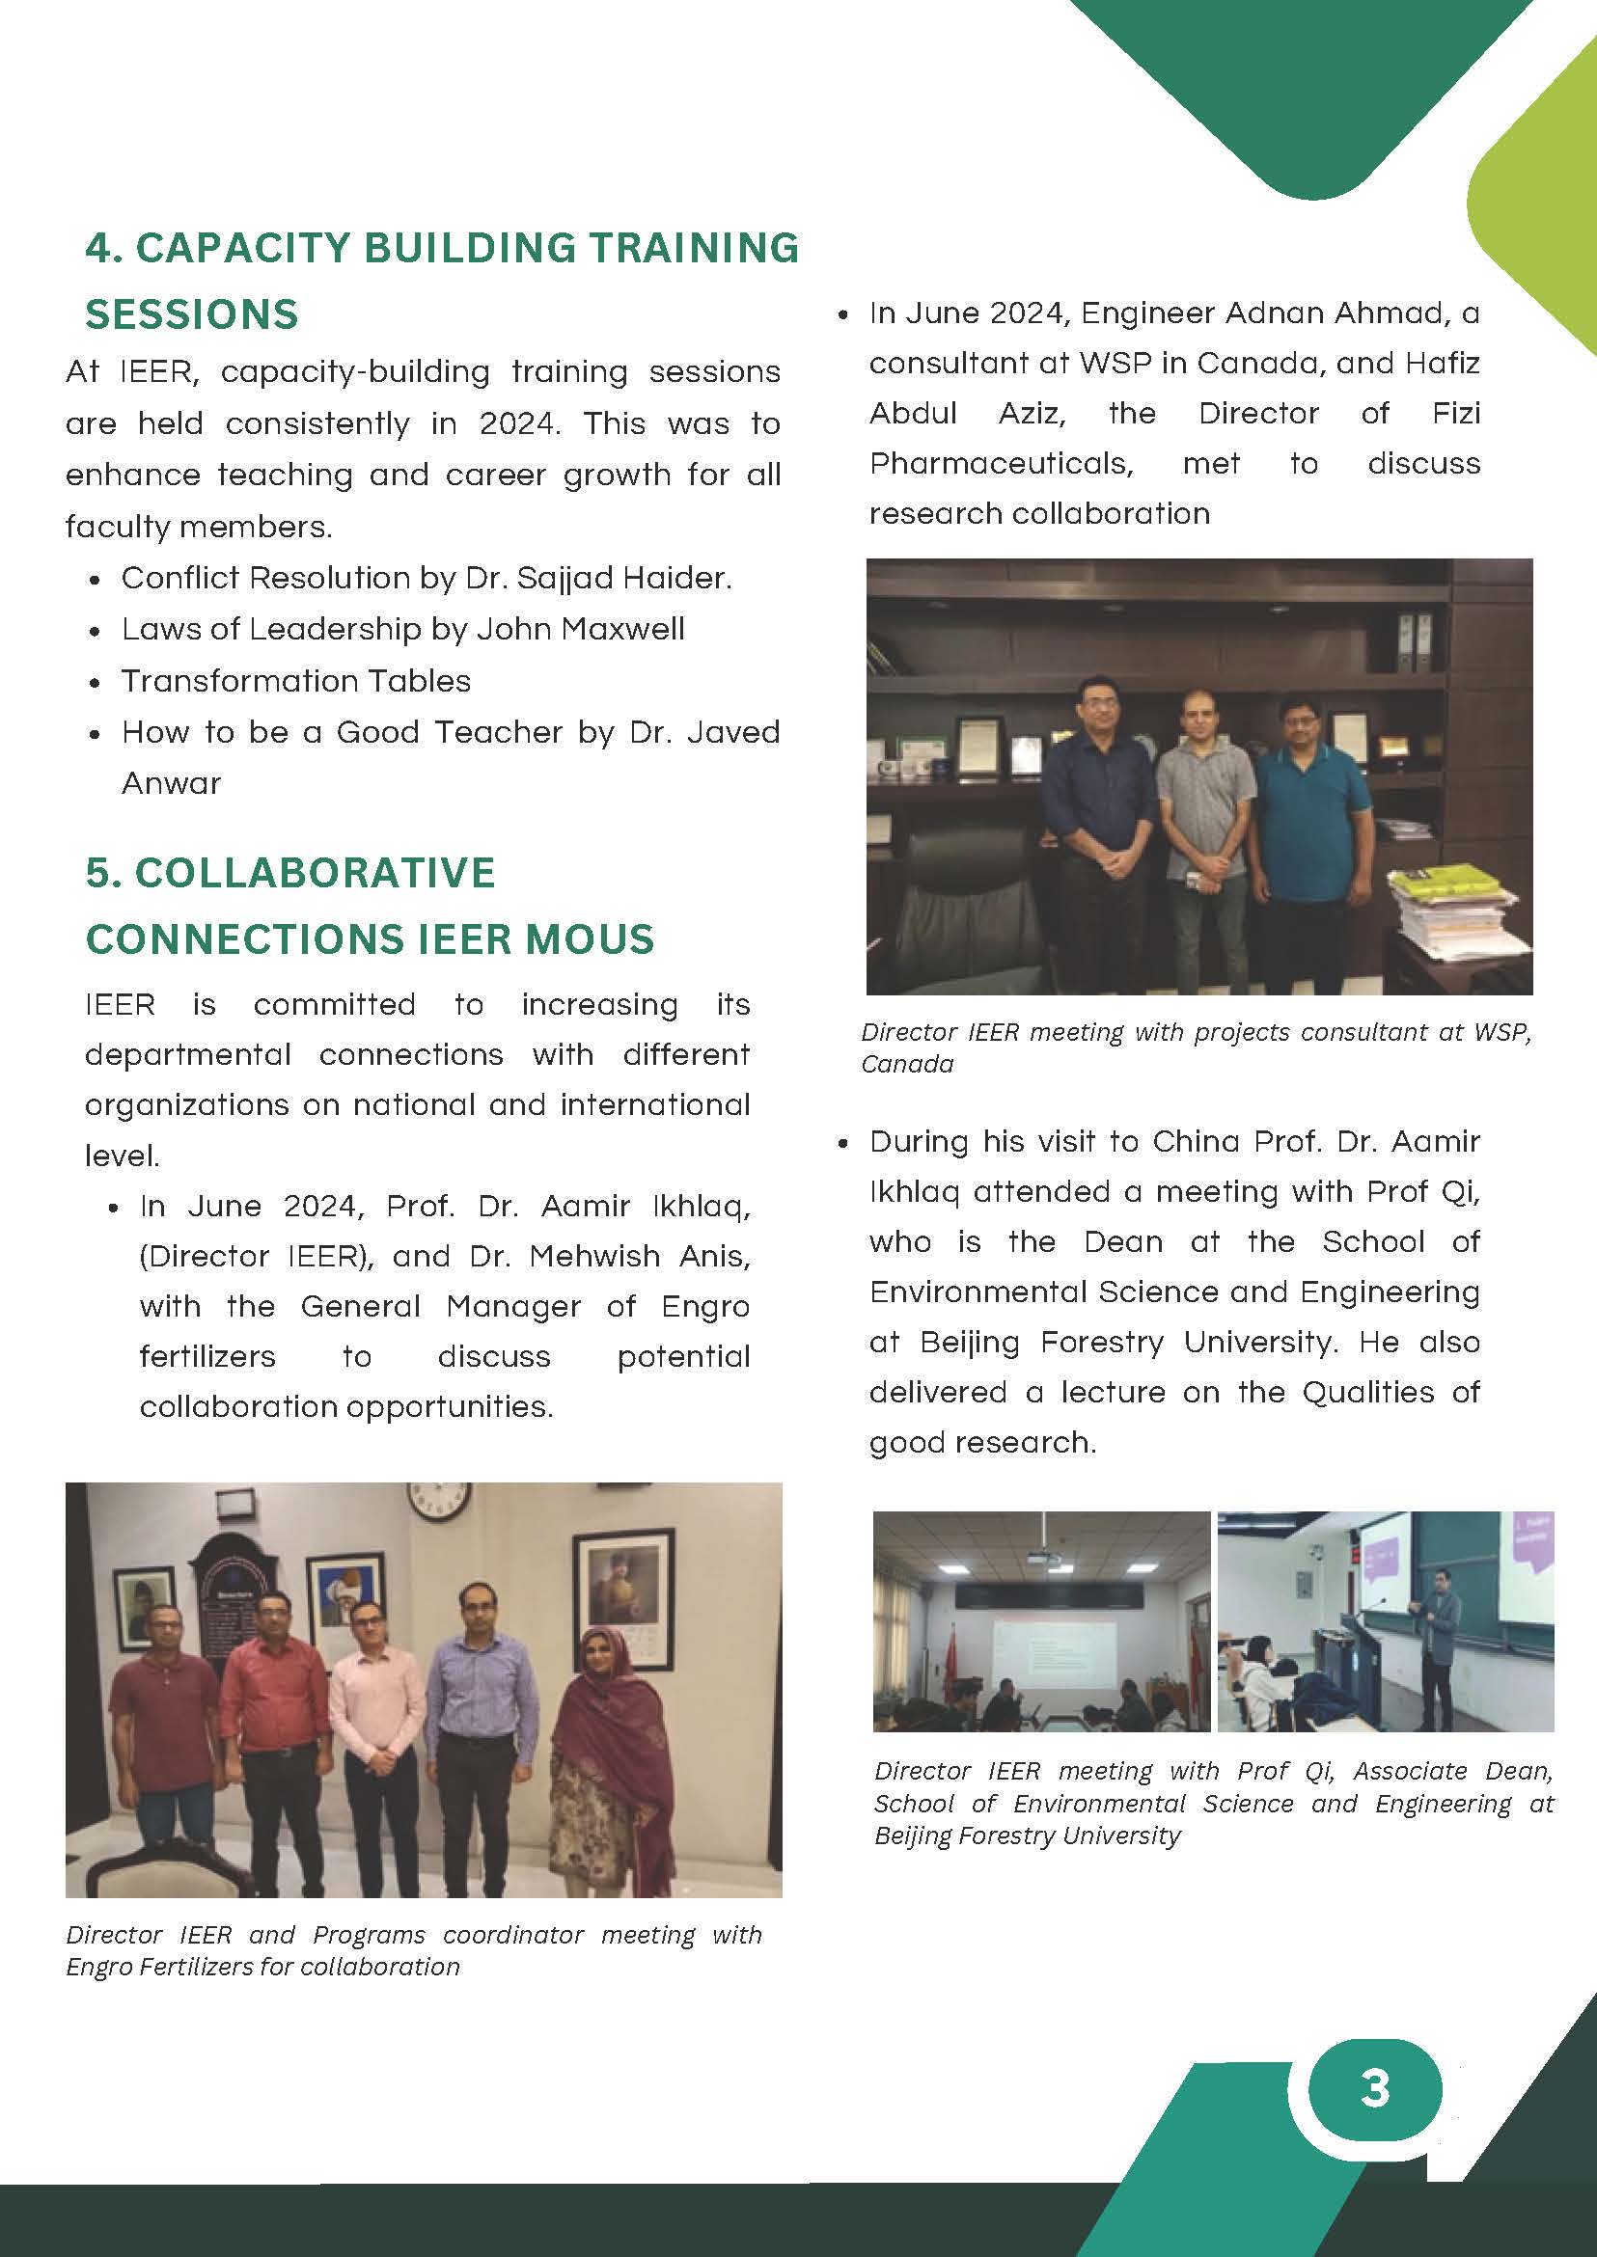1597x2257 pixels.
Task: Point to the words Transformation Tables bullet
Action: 296,681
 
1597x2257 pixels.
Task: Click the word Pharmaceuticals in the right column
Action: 1001,463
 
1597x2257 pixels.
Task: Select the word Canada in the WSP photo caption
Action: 907,1065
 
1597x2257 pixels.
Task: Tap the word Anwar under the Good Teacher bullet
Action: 171,783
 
